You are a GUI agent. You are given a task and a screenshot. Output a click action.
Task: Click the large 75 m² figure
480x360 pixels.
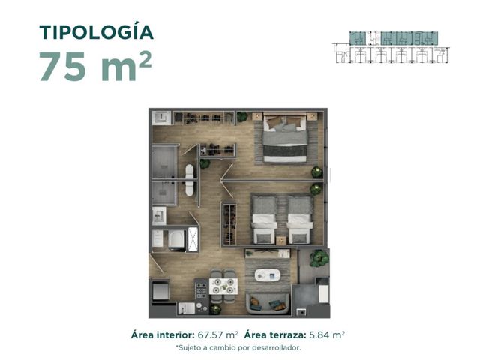pyautogui.click(x=95, y=66)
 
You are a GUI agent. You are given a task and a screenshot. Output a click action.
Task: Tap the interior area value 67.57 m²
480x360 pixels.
pyautogui.click(x=217, y=334)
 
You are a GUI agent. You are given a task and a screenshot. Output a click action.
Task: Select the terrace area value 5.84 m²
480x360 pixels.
pyautogui.click(x=327, y=334)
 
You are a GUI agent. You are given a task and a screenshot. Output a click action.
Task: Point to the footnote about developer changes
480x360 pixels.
pyautogui.click(x=238, y=348)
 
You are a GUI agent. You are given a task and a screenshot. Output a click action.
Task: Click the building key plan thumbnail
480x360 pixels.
pyautogui.click(x=391, y=47)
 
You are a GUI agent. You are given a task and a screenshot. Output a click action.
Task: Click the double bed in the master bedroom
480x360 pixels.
pyautogui.click(x=285, y=138)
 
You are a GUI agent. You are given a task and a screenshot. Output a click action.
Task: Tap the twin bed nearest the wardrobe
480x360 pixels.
pyautogui.click(x=264, y=220)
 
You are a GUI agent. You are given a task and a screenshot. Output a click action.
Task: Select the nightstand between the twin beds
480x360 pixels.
pyautogui.click(x=281, y=241)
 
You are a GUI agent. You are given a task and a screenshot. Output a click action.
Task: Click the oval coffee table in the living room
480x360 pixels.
pyautogui.click(x=268, y=275)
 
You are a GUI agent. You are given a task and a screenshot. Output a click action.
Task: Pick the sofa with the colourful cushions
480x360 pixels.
pyautogui.click(x=268, y=303)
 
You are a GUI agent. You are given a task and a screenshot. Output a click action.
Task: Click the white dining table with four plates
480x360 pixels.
pyautogui.click(x=223, y=286)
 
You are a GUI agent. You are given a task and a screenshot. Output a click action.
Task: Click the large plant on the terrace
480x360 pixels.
pyautogui.click(x=319, y=258)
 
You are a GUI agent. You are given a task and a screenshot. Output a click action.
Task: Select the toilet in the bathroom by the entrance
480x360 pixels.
pyautogui.click(x=177, y=239)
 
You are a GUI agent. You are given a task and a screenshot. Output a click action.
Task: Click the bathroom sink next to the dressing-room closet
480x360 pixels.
pyautogui.click(x=161, y=117)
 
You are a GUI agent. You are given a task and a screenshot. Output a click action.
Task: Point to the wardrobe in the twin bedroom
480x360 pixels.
pyautogui.click(x=229, y=223)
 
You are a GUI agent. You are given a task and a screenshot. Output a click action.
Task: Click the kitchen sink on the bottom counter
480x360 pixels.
pyautogui.click(x=186, y=308)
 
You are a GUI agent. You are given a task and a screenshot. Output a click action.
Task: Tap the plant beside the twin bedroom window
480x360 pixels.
pyautogui.click(x=316, y=190)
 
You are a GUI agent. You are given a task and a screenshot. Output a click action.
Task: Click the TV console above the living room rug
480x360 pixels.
pyautogui.click(x=268, y=253)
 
